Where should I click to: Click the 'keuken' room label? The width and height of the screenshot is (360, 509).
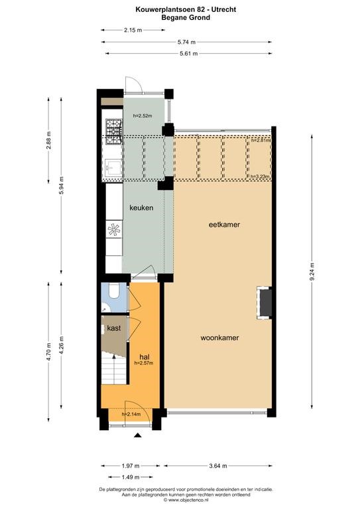141,207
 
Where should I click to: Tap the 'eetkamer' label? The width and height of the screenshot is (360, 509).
224,224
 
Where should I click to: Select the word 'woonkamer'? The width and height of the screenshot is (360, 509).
219,338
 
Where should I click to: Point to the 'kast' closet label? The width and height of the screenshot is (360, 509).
114,328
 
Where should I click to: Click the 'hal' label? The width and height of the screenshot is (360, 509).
144,357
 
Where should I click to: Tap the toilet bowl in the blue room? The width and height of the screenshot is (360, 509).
114,290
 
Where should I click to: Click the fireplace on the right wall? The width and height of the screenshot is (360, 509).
265,302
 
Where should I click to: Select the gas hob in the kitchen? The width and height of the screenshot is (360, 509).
114,131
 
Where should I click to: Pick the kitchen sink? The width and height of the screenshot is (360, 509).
113,168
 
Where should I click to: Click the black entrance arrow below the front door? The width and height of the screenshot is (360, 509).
138,435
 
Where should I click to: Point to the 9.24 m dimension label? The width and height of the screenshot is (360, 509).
312,272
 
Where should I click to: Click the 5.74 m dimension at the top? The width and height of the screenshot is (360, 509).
187,42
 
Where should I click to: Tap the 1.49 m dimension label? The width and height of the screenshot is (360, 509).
131,477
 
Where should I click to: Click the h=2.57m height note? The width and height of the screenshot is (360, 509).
144,363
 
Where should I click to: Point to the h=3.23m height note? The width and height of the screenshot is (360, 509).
261,176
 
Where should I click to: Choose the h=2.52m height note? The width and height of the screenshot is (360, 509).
143,115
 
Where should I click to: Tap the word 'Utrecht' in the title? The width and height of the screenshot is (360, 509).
223,10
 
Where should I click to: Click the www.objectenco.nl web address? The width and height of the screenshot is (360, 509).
188,500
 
